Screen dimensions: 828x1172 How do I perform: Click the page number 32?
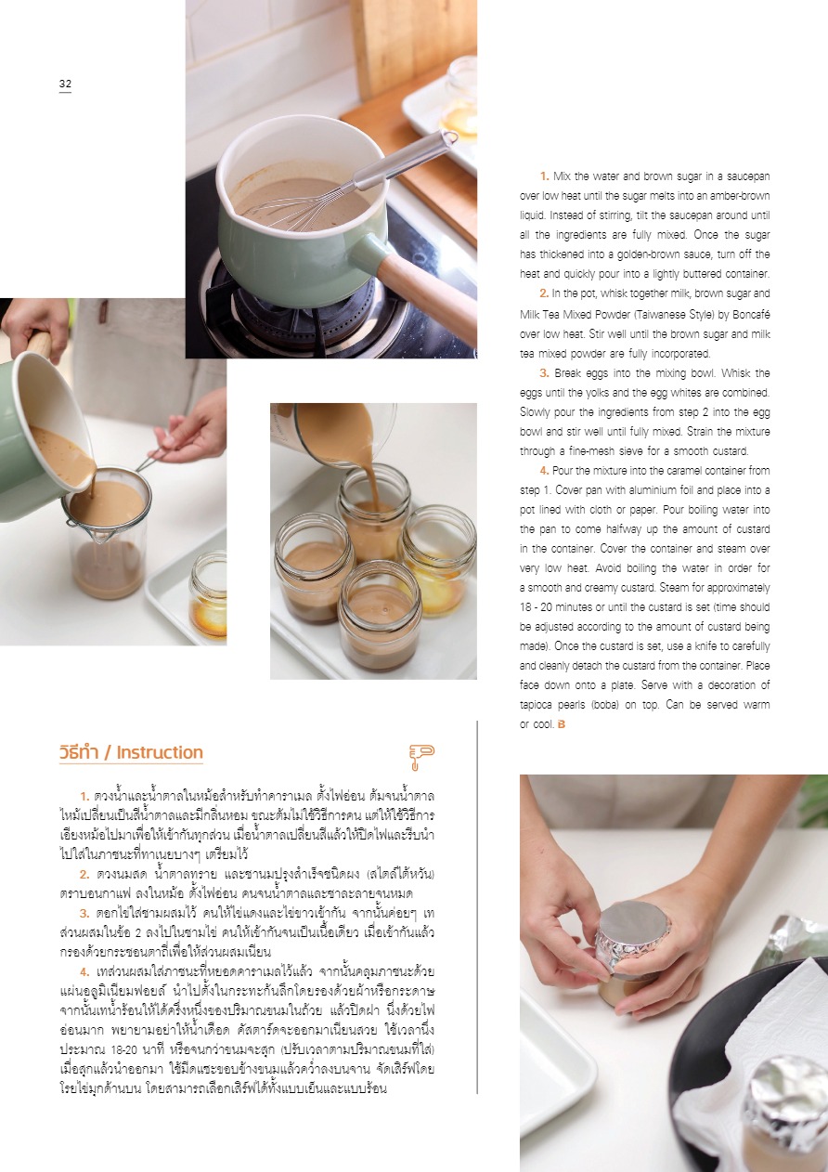point(65,84)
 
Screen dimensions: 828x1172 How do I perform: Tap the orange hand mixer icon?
point(421,757)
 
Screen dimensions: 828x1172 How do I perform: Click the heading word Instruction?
point(160,752)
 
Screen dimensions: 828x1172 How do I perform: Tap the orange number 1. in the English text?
point(544,176)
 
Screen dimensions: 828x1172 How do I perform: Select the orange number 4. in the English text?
point(544,471)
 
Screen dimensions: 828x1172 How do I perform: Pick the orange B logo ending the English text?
point(562,724)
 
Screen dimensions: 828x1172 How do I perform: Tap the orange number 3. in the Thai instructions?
point(84,914)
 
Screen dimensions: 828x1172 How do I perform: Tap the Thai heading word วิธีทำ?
point(80,752)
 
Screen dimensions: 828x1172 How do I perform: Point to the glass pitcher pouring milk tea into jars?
point(335,435)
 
